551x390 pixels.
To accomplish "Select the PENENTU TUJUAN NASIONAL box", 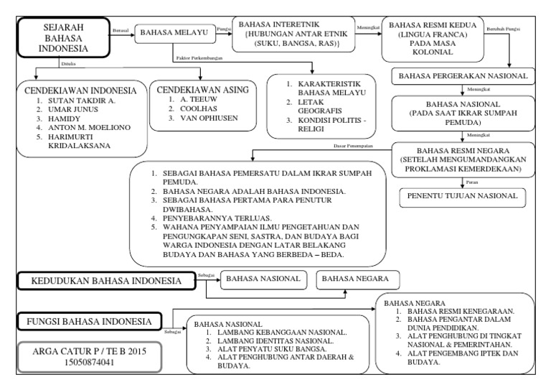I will tap(461, 195).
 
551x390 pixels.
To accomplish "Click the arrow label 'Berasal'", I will tap(121, 30).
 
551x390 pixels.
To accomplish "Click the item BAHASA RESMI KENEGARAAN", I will tap(458, 311).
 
